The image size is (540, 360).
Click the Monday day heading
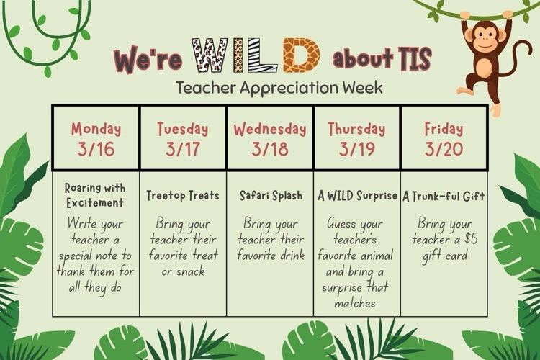click(x=96, y=130)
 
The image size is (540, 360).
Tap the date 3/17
click(x=183, y=150)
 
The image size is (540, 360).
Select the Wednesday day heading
click(x=270, y=130)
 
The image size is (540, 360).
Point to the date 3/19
click(x=357, y=150)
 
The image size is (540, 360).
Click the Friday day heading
click(x=444, y=130)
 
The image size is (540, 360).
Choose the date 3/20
click(x=444, y=150)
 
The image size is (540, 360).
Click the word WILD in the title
click(x=255, y=55)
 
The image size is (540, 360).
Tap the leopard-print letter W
click(x=210, y=55)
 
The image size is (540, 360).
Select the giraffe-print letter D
click(x=301, y=55)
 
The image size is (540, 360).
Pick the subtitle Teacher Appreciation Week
click(x=279, y=88)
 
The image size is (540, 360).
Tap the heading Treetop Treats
click(x=183, y=195)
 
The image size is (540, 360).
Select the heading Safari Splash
click(x=270, y=195)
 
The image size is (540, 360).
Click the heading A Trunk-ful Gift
click(x=444, y=195)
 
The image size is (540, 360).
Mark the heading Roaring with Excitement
click(x=94, y=195)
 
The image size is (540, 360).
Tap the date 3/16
click(x=96, y=150)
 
